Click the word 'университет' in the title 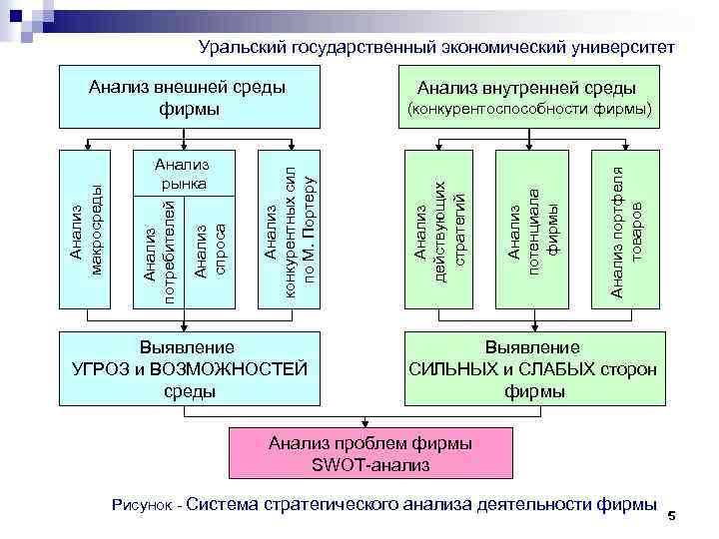tap(625, 47)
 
